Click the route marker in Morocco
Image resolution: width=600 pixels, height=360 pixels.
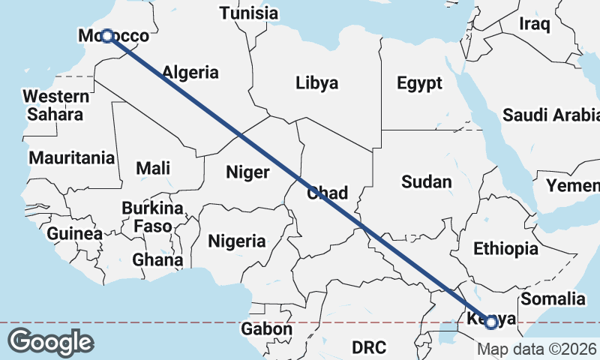tap(107, 36)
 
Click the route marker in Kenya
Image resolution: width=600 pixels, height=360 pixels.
tap(491, 322)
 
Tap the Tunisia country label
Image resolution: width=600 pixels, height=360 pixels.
tap(248, 13)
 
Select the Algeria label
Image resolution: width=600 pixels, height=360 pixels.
tap(190, 73)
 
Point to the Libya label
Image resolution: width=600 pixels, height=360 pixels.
tap(316, 82)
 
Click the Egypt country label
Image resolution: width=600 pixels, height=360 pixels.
tap(420, 83)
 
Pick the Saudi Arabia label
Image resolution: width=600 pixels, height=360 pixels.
tap(551, 115)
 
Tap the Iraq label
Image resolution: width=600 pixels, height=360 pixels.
tap(535, 24)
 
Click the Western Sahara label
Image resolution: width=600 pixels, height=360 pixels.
tap(55, 105)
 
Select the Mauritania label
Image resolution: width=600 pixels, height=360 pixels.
tap(72, 158)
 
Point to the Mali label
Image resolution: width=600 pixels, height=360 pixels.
tap(153, 168)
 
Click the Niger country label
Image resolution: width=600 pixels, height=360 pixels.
tap(247, 172)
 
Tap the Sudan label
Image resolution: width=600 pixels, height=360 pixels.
tap(427, 181)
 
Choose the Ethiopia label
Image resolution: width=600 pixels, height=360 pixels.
tap(505, 248)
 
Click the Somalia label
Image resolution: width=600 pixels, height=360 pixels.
tap(553, 298)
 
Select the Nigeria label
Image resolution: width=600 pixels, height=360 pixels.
tap(237, 241)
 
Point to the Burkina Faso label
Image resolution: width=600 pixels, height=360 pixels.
tap(152, 216)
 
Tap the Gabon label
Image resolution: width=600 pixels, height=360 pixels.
tap(266, 329)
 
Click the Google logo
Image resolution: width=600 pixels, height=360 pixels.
tap(50, 341)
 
